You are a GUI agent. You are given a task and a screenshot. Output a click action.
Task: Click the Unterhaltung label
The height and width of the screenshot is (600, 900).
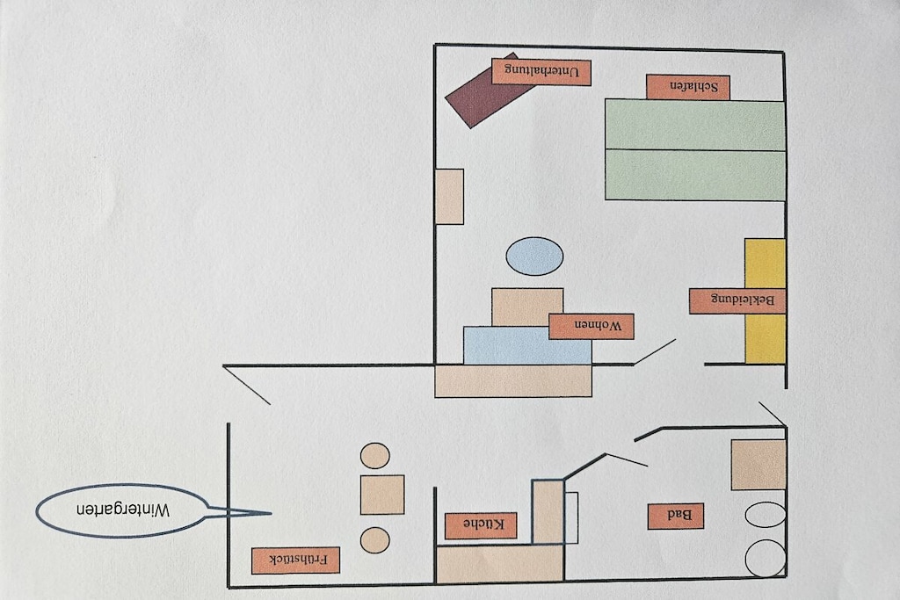coord(541,72)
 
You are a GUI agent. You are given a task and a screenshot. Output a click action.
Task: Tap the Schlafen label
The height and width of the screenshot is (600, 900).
coord(687,87)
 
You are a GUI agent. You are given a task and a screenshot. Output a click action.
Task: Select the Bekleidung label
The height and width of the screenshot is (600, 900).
coord(737,301)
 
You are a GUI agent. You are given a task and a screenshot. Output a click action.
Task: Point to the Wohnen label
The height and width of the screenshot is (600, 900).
coord(592,327)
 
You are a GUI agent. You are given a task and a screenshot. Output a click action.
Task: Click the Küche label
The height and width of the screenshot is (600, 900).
coord(481,525)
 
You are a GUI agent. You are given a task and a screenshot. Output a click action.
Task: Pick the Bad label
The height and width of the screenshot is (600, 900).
coord(676,517)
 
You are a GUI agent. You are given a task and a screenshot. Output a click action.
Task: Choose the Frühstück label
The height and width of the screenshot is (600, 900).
coord(295,560)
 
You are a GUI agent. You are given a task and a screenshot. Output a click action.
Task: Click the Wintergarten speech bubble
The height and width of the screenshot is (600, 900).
coord(123,510)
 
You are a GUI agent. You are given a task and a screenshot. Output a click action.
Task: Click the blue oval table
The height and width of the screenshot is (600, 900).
coord(534,257)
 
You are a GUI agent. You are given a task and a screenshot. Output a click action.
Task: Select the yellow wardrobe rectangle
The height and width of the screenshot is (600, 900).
coord(766,301)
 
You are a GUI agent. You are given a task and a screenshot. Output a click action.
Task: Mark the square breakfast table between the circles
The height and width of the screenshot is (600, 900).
coord(382,495)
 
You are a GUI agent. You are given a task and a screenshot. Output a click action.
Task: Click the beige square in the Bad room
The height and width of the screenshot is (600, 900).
coord(758,465)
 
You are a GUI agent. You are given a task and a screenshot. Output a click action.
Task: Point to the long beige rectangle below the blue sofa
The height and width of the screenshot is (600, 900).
coord(513,381)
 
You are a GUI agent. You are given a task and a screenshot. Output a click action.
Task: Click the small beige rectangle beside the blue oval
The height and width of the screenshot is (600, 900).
coord(449,197)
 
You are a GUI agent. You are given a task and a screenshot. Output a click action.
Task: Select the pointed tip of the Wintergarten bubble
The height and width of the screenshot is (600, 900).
coord(271,513)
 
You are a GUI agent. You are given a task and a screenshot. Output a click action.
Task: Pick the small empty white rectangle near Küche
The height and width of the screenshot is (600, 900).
coord(570,517)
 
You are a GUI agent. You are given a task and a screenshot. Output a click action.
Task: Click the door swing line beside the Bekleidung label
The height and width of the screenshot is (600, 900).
coord(654,351)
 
